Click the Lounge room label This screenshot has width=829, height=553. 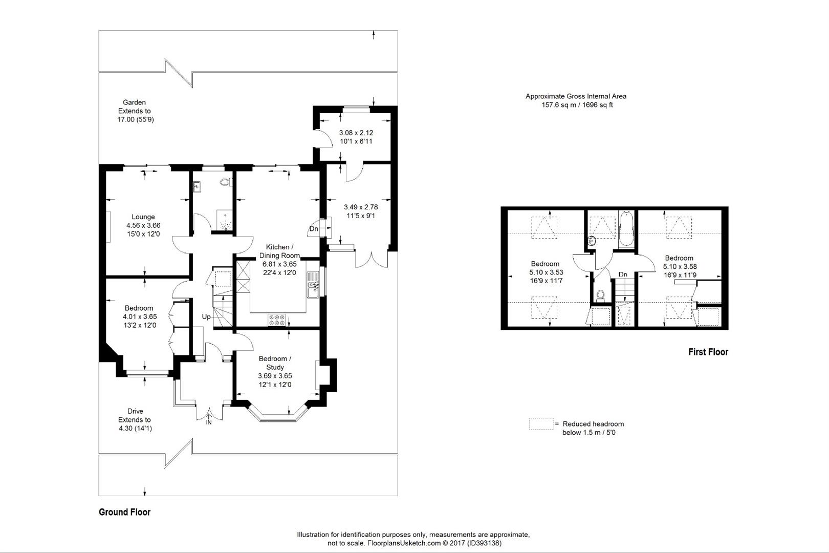click(143, 217)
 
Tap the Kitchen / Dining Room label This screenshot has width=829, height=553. click(279, 251)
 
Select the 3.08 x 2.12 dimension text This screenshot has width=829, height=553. click(356, 133)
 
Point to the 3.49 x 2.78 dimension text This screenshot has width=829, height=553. click(361, 207)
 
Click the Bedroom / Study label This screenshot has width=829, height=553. click(275, 363)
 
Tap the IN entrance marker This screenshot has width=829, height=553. click(209, 422)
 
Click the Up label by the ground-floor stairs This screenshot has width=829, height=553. click(206, 316)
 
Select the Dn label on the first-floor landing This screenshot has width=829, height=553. click(623, 274)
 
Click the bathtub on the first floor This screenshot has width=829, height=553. click(626, 228)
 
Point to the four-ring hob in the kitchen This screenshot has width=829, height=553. click(277, 320)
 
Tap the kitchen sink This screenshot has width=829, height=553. click(313, 285)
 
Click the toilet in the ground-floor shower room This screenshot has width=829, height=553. click(225, 182)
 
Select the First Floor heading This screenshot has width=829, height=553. click(708, 352)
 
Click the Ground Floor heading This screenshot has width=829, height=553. click(125, 512)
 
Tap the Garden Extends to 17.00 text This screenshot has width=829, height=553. click(135, 111)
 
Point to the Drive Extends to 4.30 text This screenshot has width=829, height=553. click(135, 420)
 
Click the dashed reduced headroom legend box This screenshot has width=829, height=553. click(541, 424)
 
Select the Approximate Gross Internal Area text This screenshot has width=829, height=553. click(576, 96)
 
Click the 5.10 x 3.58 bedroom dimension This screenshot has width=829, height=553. click(680, 266)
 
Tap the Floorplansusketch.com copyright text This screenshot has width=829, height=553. click(414, 543)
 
